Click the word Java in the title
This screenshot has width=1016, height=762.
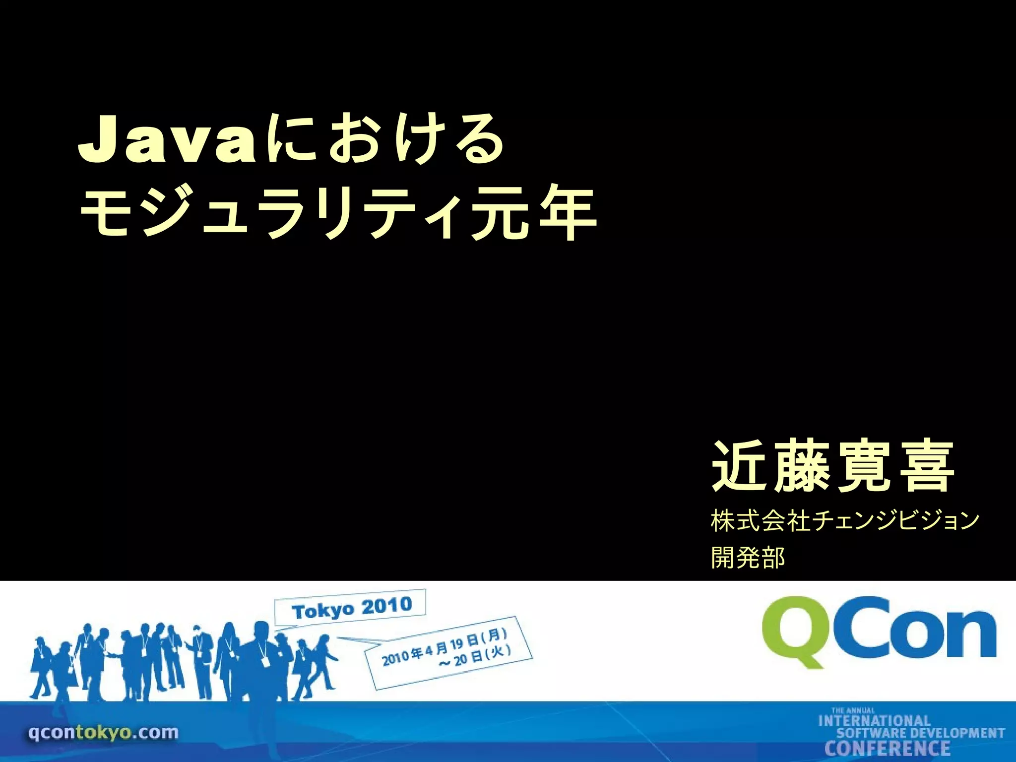click(167, 140)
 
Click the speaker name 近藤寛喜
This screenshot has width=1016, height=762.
click(833, 466)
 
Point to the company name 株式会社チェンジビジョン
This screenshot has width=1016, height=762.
click(845, 521)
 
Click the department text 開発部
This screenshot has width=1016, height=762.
click(748, 557)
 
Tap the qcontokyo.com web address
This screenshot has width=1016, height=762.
click(103, 732)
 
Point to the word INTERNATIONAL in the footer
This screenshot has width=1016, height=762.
click(874, 721)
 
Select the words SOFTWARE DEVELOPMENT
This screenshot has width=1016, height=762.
click(921, 734)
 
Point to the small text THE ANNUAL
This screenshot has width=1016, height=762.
click(853, 710)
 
